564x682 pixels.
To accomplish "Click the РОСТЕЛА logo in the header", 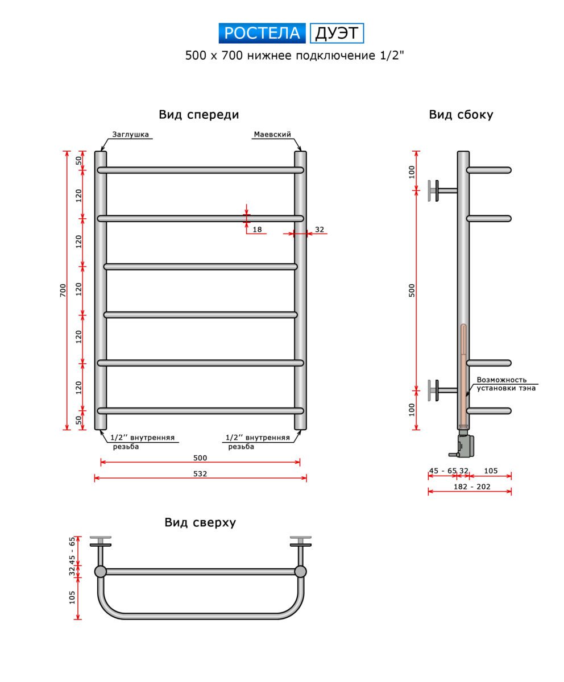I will pyautogui.click(x=262, y=34).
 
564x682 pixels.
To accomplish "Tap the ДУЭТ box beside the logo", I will pyautogui.click(x=337, y=34).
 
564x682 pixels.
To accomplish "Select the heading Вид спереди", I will pyautogui.click(x=198, y=115).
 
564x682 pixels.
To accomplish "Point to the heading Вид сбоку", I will pyautogui.click(x=461, y=115).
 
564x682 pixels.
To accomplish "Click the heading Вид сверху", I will pyautogui.click(x=200, y=522).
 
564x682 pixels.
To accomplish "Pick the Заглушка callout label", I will pyautogui.click(x=130, y=135).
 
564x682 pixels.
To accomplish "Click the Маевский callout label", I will pyautogui.click(x=272, y=135).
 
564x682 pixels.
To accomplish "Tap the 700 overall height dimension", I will pyautogui.click(x=63, y=290).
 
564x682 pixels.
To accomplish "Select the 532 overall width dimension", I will pyautogui.click(x=200, y=473).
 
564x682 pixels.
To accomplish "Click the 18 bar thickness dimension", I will pyautogui.click(x=257, y=230).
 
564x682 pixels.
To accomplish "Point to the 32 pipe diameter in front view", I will pyautogui.click(x=319, y=230).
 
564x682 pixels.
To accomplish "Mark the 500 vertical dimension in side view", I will pyautogui.click(x=412, y=290).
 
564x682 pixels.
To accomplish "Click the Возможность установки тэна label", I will pyautogui.click(x=505, y=384).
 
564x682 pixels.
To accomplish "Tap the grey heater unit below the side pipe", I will pyautogui.click(x=465, y=445).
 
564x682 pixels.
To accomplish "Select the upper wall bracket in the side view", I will pyautogui.click(x=441, y=190).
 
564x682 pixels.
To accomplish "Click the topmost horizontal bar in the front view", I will pyautogui.click(x=200, y=170).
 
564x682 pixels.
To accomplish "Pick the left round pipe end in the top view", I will pyautogui.click(x=101, y=571).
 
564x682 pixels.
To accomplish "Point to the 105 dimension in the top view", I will pyautogui.click(x=72, y=597).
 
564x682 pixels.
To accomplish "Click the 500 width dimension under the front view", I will pyautogui.click(x=200, y=458).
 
